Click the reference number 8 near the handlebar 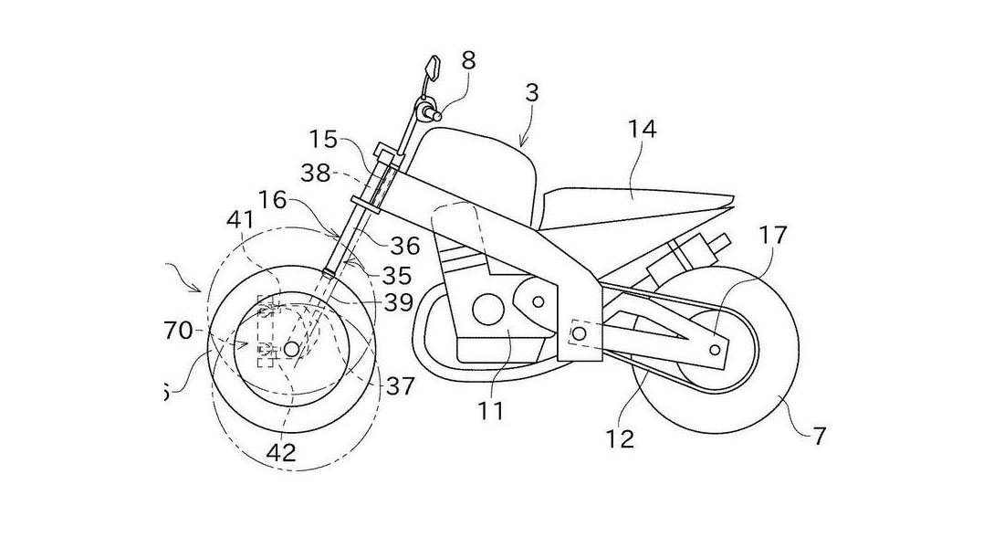(468, 62)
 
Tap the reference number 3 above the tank (532, 93)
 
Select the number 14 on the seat (641, 130)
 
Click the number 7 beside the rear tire (820, 436)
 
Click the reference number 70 (178, 331)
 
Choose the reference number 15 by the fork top (324, 141)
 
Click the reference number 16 (272, 199)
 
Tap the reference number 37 (401, 387)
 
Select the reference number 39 (399, 302)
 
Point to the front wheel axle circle (291, 349)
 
